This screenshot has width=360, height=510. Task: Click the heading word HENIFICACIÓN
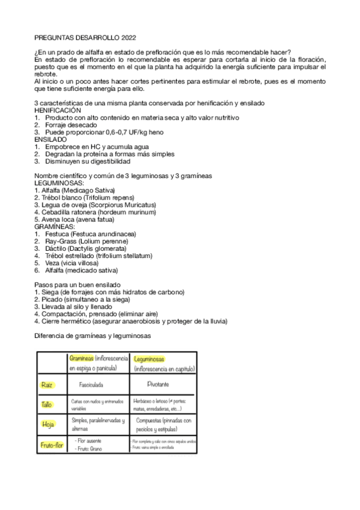pos(58,111)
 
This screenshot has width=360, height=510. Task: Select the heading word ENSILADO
pos(52,139)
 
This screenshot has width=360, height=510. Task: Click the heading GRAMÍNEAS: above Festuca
pos(55,226)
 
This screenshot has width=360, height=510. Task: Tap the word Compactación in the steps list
pos(61,313)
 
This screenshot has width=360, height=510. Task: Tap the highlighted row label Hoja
pos(48,425)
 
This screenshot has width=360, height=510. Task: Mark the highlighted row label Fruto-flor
pos(51,446)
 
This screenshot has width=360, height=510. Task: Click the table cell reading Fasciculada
pos(97,384)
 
